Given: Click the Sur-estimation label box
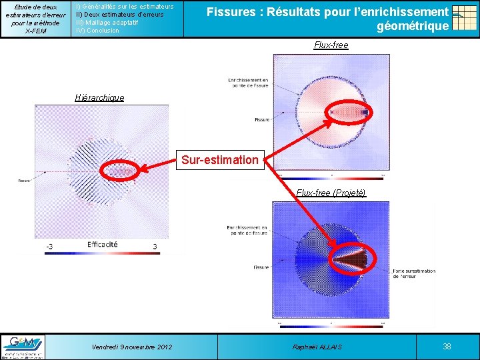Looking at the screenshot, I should pyautogui.click(x=221, y=160).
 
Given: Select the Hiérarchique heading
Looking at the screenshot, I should pyautogui.click(x=99, y=98).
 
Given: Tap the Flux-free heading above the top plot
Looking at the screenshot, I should pyautogui.click(x=331, y=45).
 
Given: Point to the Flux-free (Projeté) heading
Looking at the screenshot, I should pyautogui.click(x=331, y=193).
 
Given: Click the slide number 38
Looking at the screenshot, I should pyautogui.click(x=447, y=347).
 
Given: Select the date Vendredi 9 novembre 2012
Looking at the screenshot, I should pyautogui.click(x=132, y=347).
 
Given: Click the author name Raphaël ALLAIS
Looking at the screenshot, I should pyautogui.click(x=317, y=347).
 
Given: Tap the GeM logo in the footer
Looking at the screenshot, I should pyautogui.click(x=24, y=347).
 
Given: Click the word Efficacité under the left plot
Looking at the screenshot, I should pyautogui.click(x=103, y=245).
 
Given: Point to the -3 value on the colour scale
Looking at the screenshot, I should pyautogui.click(x=49, y=247).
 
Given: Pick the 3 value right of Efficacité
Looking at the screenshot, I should pyautogui.click(x=155, y=247).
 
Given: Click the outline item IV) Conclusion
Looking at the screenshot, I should pyautogui.click(x=98, y=31).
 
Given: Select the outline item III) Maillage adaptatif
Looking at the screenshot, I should pyautogui.click(x=107, y=23).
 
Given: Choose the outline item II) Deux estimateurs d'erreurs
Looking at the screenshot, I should pyautogui.click(x=120, y=14).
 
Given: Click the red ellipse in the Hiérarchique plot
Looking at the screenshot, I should pyautogui.click(x=119, y=172).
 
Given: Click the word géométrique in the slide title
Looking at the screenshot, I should pyautogui.click(x=413, y=27).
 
